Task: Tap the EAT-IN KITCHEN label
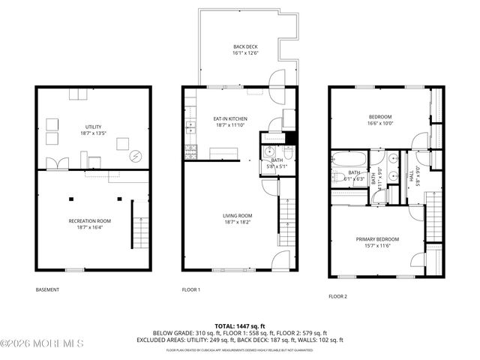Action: (230, 118)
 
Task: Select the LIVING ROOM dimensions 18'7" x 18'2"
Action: (236, 223)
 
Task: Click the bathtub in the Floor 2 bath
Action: (349, 160)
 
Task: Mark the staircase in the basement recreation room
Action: (139, 221)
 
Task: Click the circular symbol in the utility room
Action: (135, 156)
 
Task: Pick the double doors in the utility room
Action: (57, 163)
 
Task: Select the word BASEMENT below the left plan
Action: (47, 289)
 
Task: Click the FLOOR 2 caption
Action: (337, 296)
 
